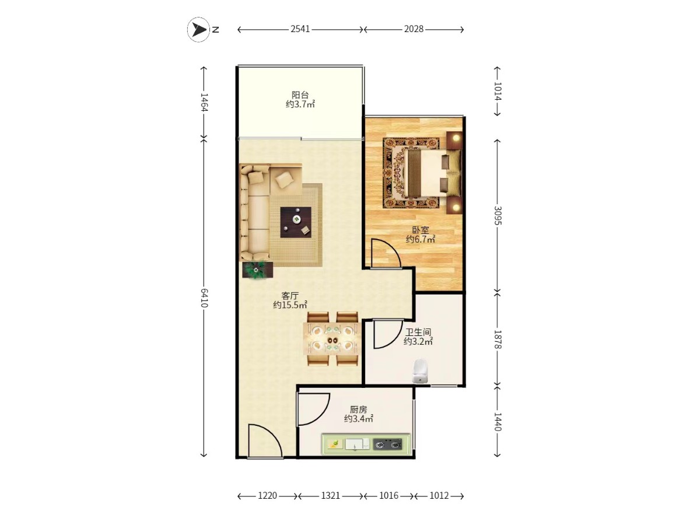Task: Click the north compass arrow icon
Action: point(198,30)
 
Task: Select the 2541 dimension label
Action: point(300,29)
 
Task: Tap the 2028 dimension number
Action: point(414,29)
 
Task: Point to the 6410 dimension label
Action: point(204,297)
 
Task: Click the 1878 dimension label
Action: point(498,339)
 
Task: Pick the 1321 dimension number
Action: point(330,496)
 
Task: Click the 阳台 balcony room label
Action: point(300,94)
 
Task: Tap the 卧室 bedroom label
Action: point(421,229)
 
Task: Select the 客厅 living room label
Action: point(290,295)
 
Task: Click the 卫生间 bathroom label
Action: point(418,332)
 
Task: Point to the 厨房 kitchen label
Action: point(358,409)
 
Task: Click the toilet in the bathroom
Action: point(420,371)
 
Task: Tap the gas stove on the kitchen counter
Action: point(387,444)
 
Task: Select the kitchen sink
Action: point(357,444)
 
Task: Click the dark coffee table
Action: point(296,222)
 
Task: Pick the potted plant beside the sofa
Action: point(257,270)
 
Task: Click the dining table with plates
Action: point(332,338)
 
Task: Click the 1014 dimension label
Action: point(498,91)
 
